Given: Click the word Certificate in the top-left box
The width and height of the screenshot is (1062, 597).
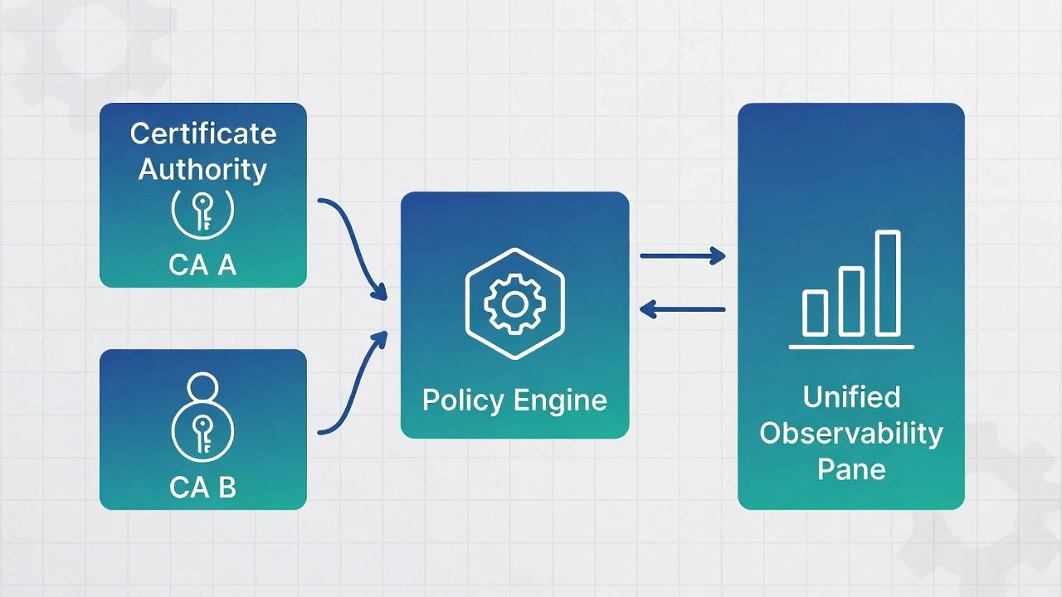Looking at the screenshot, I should click(203, 133).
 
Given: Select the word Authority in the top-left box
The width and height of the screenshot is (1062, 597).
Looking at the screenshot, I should click(202, 169).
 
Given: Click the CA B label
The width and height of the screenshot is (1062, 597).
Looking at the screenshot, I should click(202, 487).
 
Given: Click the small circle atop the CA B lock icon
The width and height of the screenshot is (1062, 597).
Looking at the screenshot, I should click(202, 386).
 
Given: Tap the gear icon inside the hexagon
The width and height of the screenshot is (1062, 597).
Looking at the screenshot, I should click(514, 304).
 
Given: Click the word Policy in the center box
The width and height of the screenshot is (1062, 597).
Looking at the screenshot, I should click(463, 400).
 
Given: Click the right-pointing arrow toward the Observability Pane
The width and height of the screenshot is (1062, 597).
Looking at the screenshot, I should click(682, 256).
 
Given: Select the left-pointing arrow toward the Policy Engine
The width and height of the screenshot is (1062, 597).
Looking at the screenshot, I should click(682, 310).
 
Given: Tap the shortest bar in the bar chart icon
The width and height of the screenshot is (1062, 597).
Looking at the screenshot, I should click(815, 313).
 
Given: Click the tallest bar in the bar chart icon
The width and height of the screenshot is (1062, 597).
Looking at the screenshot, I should click(888, 284).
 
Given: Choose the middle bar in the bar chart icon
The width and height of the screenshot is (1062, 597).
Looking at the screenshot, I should click(851, 301).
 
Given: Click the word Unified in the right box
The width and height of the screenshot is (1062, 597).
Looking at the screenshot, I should click(851, 397).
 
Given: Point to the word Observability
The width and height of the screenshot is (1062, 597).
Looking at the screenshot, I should click(851, 433).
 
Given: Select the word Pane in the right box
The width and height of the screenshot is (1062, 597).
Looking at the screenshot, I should click(851, 468).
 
